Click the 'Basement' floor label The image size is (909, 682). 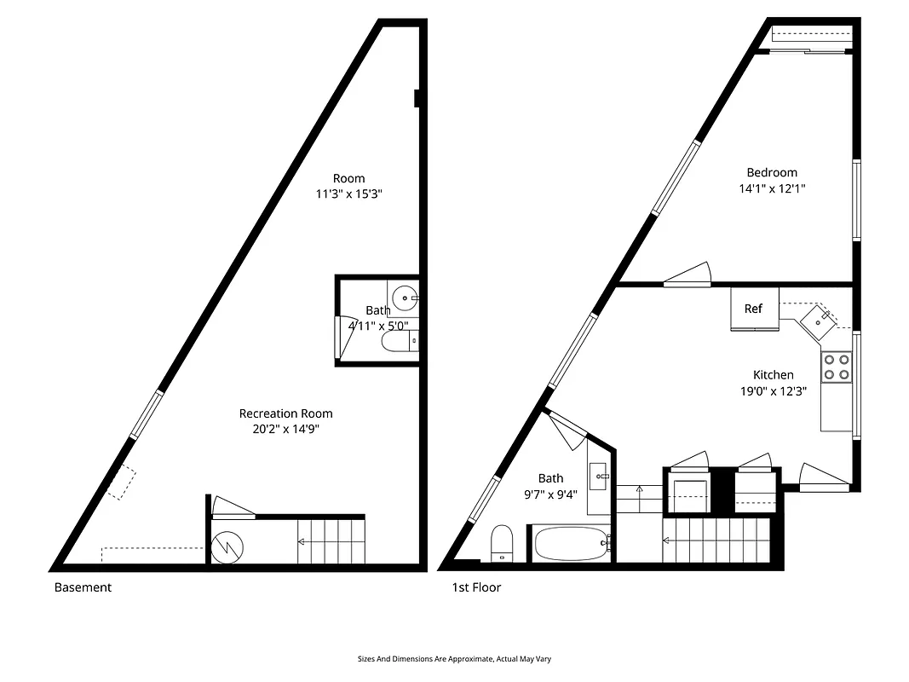(83, 587)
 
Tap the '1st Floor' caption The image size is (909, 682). (476, 587)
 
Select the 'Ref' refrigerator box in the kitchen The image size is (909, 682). (754, 309)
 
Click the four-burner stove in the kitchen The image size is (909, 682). (836, 367)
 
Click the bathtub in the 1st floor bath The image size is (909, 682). (570, 542)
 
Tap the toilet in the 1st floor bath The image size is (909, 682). (501, 542)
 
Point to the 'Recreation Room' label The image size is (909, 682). (285, 414)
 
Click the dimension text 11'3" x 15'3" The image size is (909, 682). (348, 194)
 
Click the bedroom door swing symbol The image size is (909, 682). (688, 274)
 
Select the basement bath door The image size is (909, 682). (342, 336)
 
